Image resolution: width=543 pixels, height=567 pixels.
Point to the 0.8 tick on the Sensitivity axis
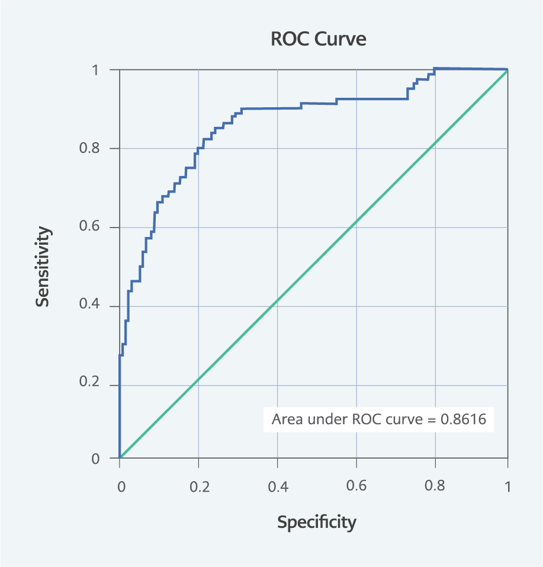coord(91,149)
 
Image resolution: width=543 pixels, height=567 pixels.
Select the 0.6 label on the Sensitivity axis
coord(91,228)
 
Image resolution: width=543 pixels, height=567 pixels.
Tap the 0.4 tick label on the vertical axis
coord(91,306)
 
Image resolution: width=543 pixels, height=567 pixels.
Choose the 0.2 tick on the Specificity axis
coord(199,487)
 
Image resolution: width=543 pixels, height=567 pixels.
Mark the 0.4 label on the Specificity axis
coord(278,487)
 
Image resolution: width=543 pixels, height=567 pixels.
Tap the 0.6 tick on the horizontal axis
coord(356,487)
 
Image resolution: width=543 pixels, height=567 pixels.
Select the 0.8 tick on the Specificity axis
coord(435,487)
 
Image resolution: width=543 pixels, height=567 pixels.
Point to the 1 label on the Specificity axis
coord(507,487)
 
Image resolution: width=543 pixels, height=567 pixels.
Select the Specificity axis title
coord(317,522)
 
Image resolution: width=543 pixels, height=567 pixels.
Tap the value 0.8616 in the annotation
coord(463,420)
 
